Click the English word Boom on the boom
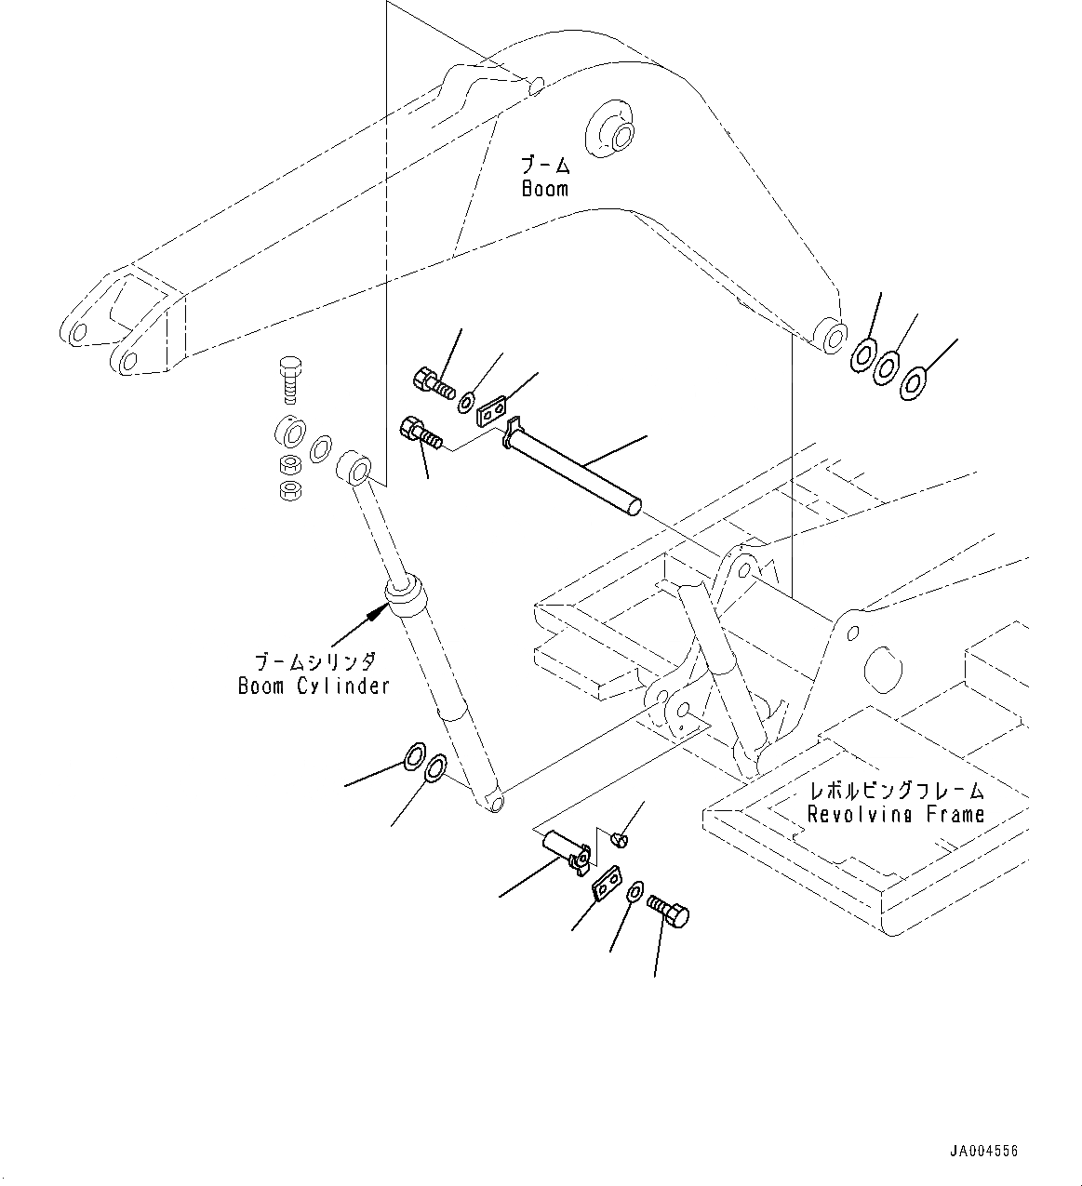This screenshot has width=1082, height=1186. [x=544, y=189]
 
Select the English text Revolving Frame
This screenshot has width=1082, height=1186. [x=895, y=815]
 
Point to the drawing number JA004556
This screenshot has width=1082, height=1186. [x=984, y=1151]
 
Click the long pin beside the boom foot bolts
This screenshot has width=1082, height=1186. [x=572, y=464]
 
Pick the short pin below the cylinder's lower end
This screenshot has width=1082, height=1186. [x=564, y=847]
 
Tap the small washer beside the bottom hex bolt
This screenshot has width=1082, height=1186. [x=634, y=890]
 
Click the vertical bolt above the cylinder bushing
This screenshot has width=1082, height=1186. [x=289, y=380]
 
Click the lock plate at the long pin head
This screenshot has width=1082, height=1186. [x=490, y=411]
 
